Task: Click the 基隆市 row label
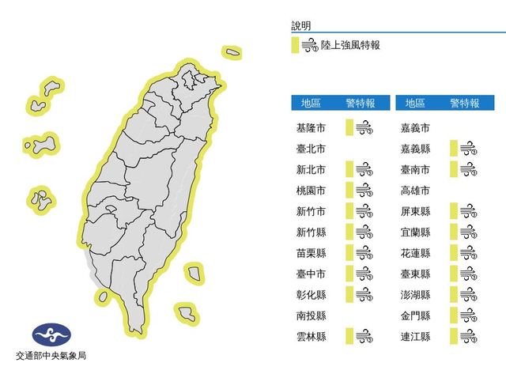(x=310, y=127)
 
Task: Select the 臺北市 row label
(x=310, y=148)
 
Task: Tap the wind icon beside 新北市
(x=364, y=168)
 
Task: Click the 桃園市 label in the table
(x=310, y=190)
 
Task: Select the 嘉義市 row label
(x=414, y=127)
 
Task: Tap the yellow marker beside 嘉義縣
(x=453, y=148)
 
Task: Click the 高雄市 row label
(x=414, y=190)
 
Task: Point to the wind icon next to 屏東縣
(x=468, y=211)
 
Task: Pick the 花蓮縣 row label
(x=414, y=253)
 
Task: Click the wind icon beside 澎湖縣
(x=468, y=295)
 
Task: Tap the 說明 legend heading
(x=301, y=25)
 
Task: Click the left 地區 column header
(x=310, y=103)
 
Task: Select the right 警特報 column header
(x=464, y=103)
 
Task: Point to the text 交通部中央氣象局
(x=51, y=357)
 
